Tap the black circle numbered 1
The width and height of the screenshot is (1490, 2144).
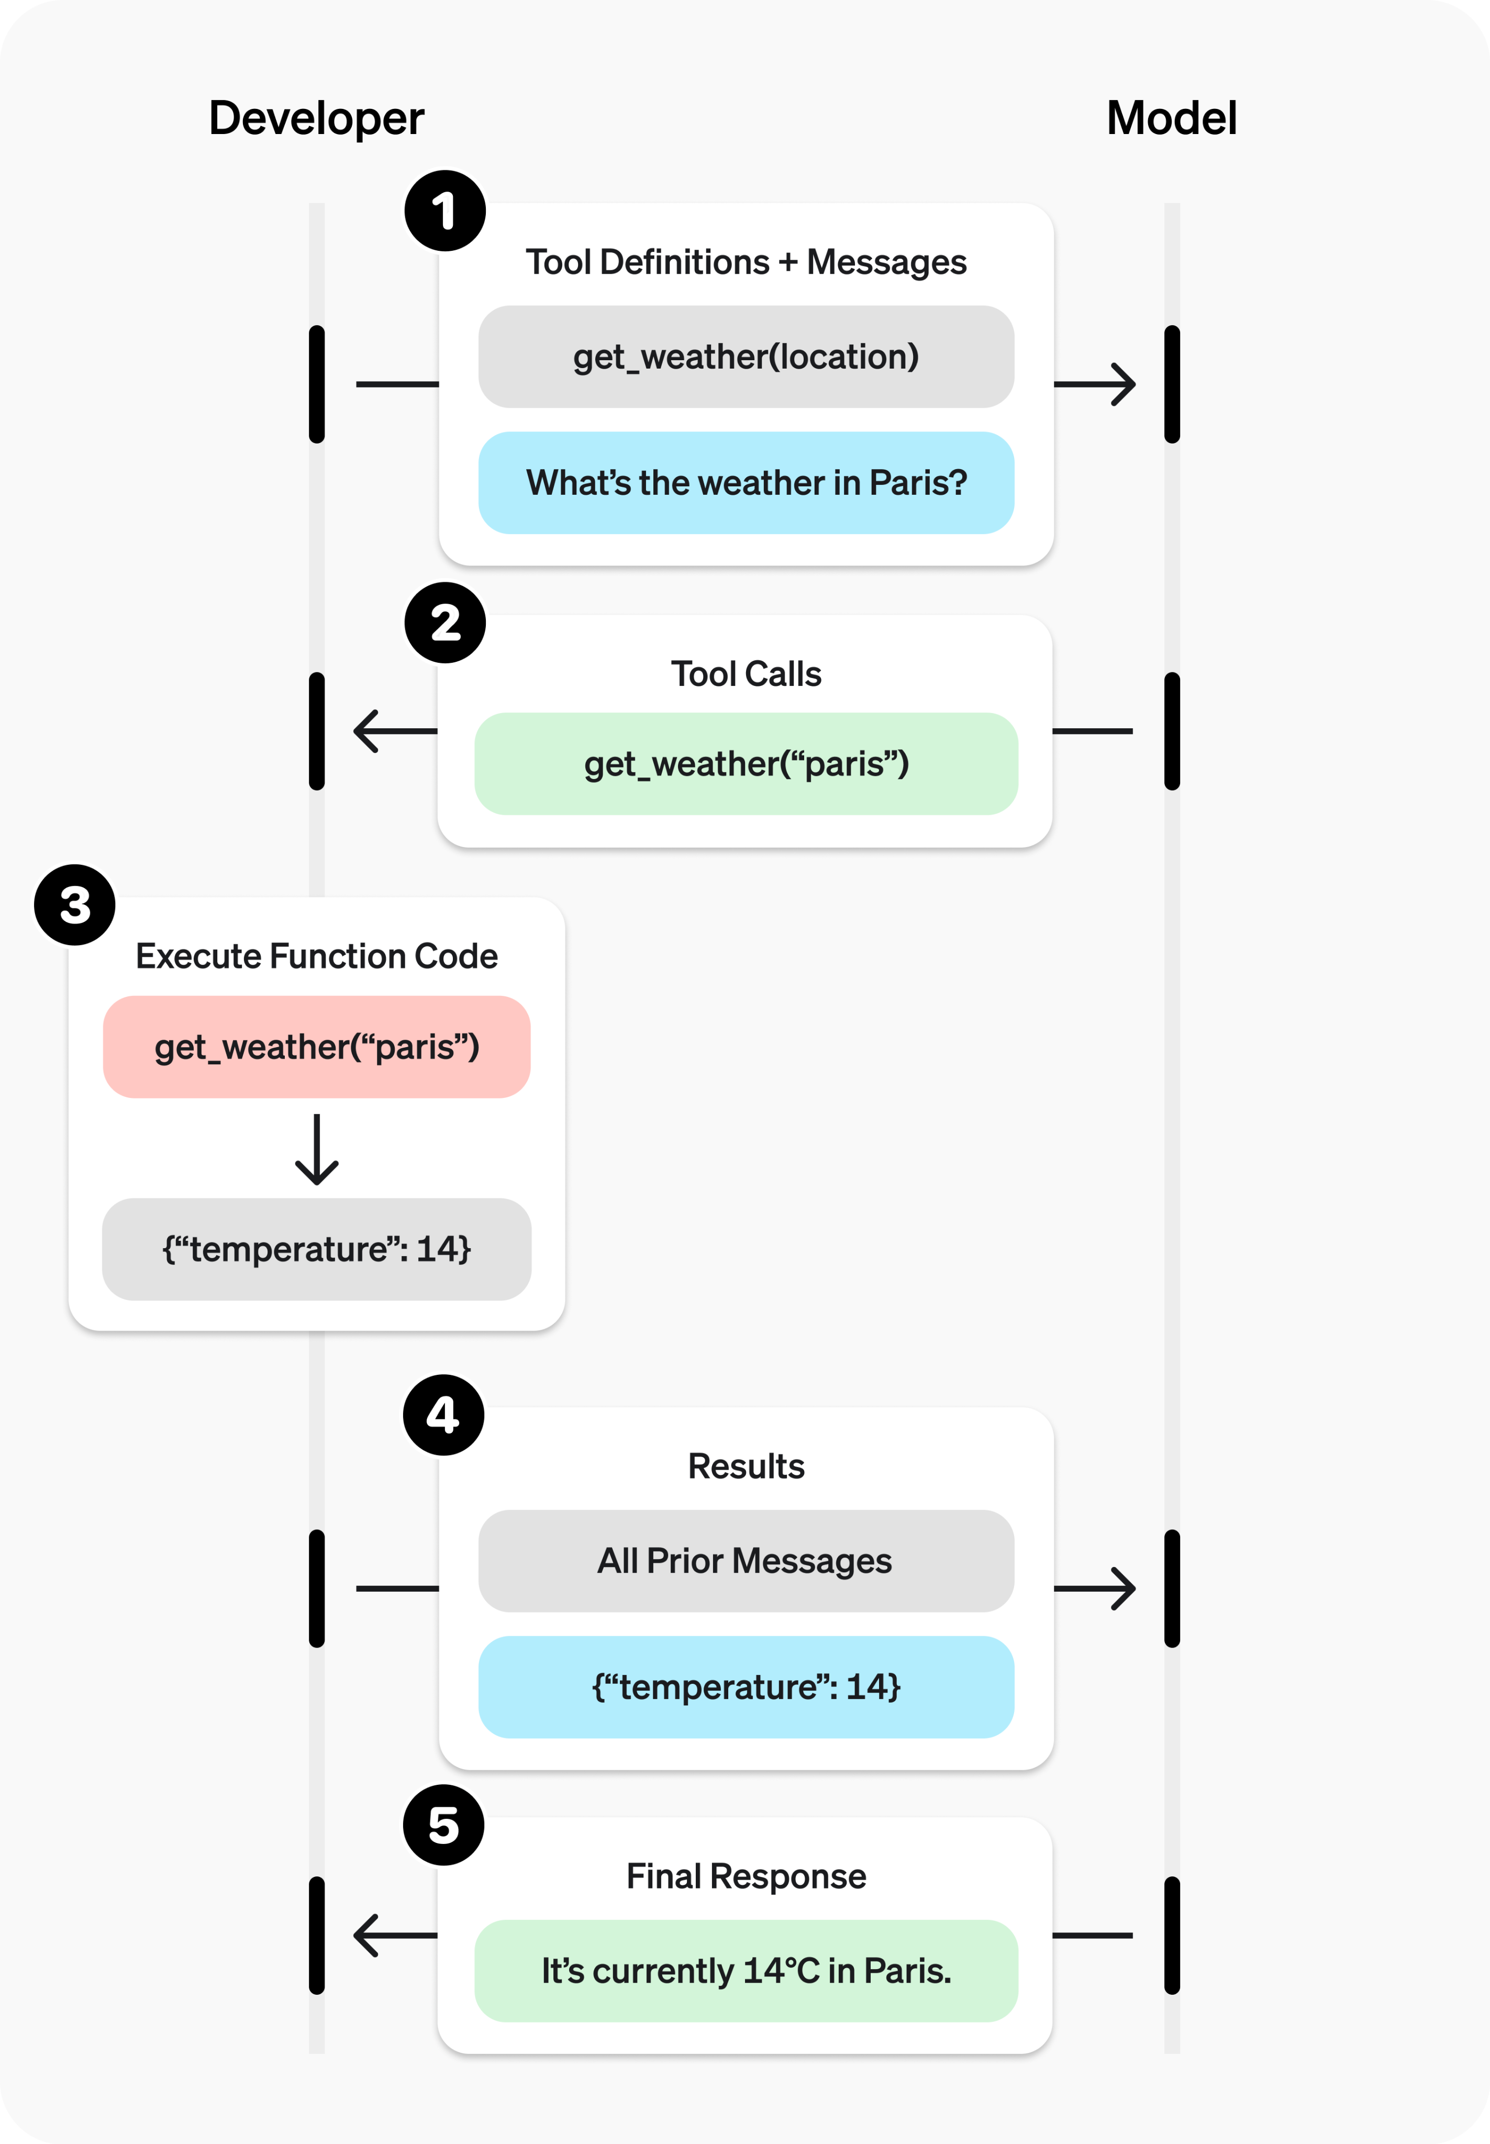(444, 211)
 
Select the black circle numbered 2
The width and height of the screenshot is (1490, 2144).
(444, 623)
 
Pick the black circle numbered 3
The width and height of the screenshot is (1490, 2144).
(75, 904)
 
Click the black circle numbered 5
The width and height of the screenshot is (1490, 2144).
(443, 1825)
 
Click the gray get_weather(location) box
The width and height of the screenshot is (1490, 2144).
(746, 357)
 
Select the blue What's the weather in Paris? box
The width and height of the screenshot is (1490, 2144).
(746, 483)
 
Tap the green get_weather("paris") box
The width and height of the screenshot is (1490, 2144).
(746, 763)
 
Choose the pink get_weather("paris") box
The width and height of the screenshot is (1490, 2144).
(317, 1046)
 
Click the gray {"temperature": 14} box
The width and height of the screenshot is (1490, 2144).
(317, 1249)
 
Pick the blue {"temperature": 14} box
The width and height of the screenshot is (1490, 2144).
(746, 1686)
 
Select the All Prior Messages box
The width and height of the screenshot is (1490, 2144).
(746, 1561)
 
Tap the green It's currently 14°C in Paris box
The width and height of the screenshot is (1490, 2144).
(746, 1970)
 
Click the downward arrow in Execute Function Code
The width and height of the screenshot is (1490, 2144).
(317, 1150)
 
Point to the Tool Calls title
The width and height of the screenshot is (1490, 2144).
(746, 674)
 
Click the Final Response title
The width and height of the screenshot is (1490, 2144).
(746, 1876)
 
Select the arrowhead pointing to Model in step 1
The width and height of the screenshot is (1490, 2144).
(1123, 384)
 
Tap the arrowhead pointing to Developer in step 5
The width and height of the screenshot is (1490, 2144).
(367, 1935)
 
